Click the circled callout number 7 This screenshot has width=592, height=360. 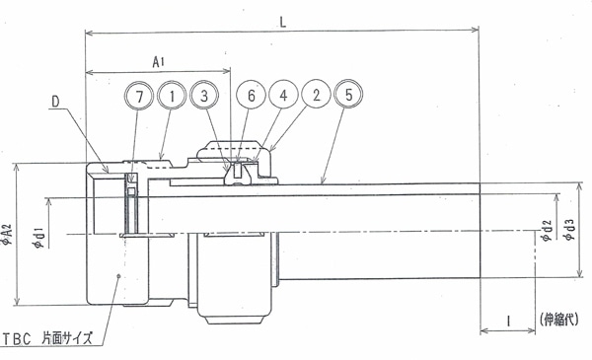click(x=139, y=97)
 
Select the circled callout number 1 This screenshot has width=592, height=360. click(x=172, y=97)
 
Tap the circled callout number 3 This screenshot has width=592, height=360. click(x=204, y=96)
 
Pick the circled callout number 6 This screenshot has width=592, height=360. click(x=251, y=95)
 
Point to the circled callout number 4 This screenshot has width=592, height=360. click(x=283, y=95)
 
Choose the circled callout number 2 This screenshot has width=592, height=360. click(x=316, y=94)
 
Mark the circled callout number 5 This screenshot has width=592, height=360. click(x=348, y=94)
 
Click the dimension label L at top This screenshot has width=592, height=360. click(x=283, y=22)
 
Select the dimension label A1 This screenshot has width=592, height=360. click(x=158, y=61)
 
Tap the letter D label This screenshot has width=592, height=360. click(x=55, y=102)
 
